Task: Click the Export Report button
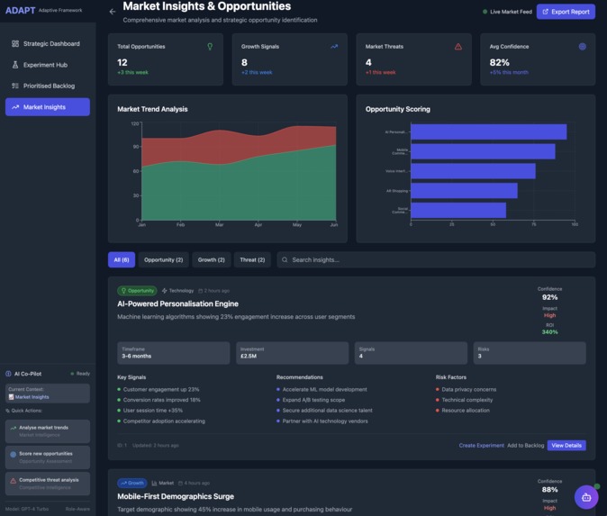pyautogui.click(x=566, y=12)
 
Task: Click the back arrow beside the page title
pyautogui.click(x=113, y=12)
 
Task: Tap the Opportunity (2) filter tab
pyautogui.click(x=163, y=259)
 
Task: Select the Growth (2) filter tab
pyautogui.click(x=211, y=259)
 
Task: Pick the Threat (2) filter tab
pyautogui.click(x=252, y=259)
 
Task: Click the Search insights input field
pyautogui.click(x=437, y=259)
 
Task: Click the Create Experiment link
pyautogui.click(x=481, y=445)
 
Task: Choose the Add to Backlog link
pyautogui.click(x=525, y=445)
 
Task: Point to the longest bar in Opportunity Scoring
pyautogui.click(x=488, y=131)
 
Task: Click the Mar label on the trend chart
pyautogui.click(x=219, y=224)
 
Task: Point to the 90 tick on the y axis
pyautogui.click(x=136, y=146)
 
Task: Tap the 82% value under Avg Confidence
pyautogui.click(x=499, y=62)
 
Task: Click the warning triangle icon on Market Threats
pyautogui.click(x=458, y=47)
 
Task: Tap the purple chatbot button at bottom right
pyautogui.click(x=586, y=496)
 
